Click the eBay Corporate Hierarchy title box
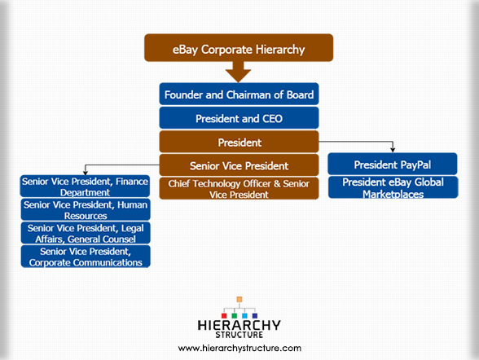[x=239, y=48]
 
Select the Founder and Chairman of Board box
[x=239, y=94]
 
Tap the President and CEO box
[x=239, y=118]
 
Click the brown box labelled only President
[x=239, y=142]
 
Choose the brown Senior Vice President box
[x=239, y=165]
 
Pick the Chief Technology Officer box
[x=239, y=188]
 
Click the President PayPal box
[x=393, y=164]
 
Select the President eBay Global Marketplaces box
[x=393, y=187]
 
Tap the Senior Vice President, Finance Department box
[x=85, y=187]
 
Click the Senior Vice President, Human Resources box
[x=86, y=209]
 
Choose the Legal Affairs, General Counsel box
[x=86, y=233]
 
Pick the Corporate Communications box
[x=86, y=257]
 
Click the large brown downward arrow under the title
[x=238, y=72]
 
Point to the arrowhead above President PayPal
[x=393, y=150]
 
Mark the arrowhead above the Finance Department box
[x=86, y=173]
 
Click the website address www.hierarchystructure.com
[x=239, y=348]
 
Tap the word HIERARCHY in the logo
[x=239, y=325]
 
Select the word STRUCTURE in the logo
[x=239, y=335]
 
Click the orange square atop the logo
[x=239, y=299]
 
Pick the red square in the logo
[x=224, y=316]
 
